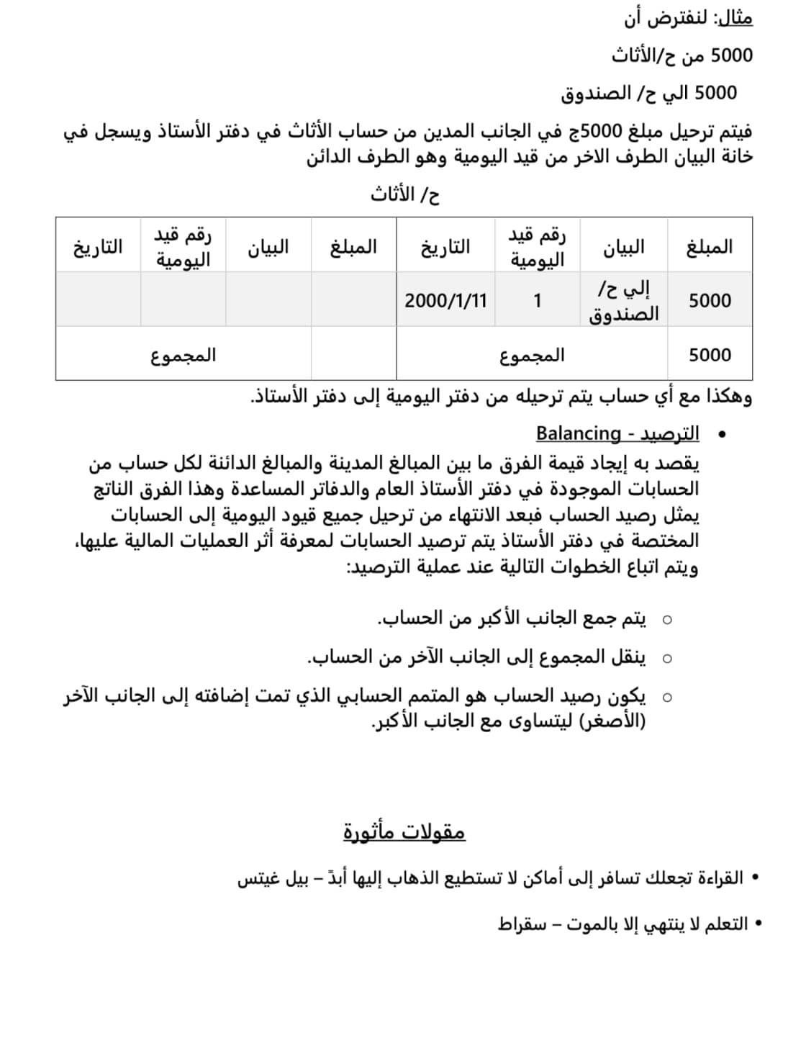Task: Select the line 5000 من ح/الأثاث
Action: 682,55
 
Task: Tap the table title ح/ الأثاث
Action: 404,194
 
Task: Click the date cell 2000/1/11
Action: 445,300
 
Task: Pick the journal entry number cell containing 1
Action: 537,300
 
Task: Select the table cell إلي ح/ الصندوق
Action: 624,301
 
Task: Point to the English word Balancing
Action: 578,433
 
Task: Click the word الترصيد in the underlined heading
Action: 670,433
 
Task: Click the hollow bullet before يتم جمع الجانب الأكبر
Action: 667,619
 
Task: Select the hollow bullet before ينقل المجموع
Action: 667,658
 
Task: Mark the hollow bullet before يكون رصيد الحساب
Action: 667,697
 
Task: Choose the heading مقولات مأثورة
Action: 404,831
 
